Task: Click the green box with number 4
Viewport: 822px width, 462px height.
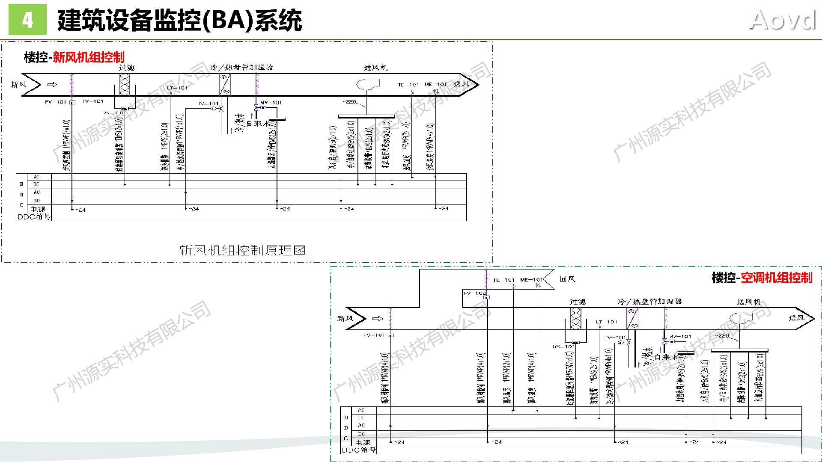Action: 27,20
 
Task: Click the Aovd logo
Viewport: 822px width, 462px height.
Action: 783,21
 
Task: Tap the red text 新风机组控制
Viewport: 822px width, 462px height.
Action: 89,57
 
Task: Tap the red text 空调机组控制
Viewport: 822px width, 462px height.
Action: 776,278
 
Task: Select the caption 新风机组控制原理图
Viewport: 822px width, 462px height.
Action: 242,250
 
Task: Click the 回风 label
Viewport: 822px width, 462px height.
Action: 568,279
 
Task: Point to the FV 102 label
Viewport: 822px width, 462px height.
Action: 474,293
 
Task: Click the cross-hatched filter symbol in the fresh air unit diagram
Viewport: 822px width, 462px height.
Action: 125,84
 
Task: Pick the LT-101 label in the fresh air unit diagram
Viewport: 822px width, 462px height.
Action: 177,88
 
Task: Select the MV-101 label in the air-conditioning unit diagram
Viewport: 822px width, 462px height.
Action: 680,337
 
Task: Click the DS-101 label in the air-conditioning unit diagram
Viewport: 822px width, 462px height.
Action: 563,346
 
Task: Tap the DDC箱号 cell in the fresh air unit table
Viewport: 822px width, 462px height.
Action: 34,217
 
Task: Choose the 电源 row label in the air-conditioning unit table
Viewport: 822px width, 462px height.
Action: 363,442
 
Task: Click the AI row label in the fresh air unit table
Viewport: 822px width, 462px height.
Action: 36,177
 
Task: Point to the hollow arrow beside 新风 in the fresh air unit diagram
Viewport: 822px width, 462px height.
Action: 52,85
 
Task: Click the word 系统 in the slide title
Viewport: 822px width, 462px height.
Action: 279,21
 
